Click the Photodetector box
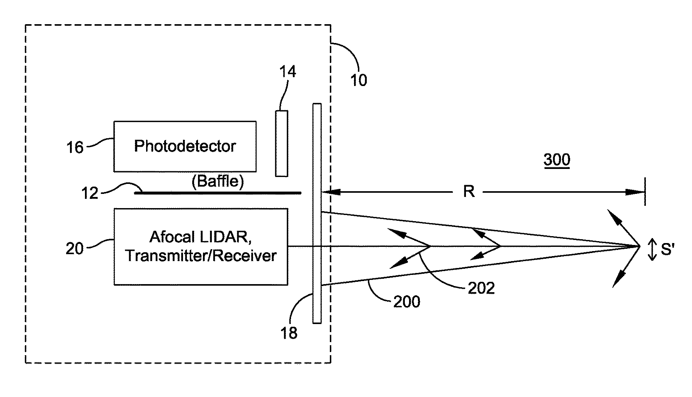185,146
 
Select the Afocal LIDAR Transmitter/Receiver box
201,246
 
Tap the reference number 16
75,147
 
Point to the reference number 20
75,248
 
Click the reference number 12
90,193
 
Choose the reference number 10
358,80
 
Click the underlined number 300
557,160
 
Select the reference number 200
407,302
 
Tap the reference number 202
481,288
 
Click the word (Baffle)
218,181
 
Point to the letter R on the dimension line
469,191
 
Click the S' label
668,250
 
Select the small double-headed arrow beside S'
652,250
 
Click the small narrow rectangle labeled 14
281,143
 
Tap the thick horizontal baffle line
218,193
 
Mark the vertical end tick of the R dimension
645,192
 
